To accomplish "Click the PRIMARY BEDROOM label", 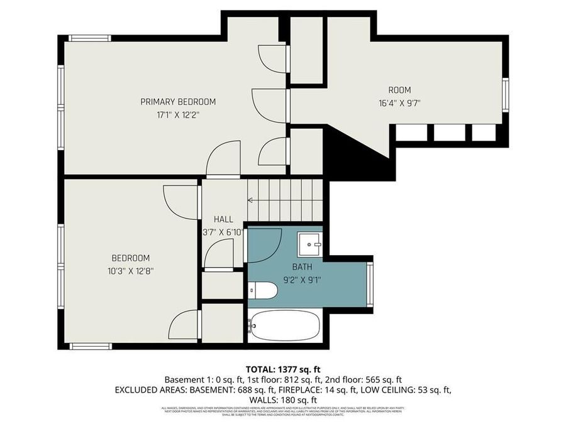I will point(178,102).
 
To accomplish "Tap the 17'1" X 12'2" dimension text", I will point(178,115).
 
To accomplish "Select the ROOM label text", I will point(399,90).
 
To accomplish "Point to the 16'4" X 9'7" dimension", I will point(399,104).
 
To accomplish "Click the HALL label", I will point(223,219).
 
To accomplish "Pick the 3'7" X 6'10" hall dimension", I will point(223,232).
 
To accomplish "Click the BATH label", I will point(302,267).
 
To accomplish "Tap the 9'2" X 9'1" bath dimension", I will point(302,280).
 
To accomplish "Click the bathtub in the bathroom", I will point(284,325).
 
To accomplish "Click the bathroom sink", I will point(309,244).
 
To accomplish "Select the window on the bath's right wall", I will point(370,284).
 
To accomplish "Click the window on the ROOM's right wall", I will point(505,94).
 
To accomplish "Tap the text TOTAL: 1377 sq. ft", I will point(282,369).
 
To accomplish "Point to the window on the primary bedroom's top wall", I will point(90,38).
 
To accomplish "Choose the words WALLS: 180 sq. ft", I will point(282,400).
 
